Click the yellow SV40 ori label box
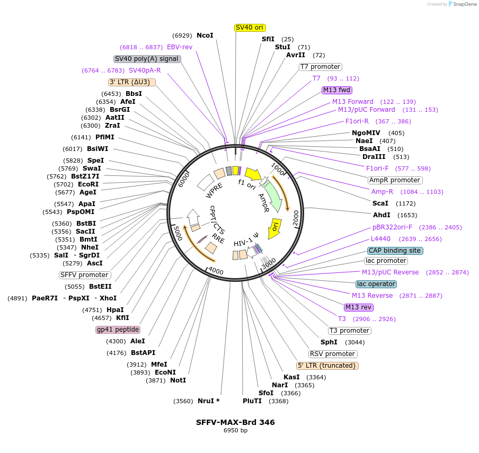[x=250, y=28]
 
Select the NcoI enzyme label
[x=205, y=35]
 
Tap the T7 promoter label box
[x=321, y=67]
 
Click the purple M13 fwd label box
[x=337, y=90]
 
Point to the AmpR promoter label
[x=395, y=180]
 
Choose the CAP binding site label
[x=395, y=251]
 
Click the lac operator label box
[x=376, y=284]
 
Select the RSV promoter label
[x=333, y=354]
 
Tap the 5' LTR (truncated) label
[x=327, y=366]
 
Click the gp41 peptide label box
[x=118, y=330]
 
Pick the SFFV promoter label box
[x=85, y=275]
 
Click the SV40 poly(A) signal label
[x=147, y=59]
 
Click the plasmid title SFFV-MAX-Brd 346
[x=235, y=422]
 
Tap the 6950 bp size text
[x=235, y=431]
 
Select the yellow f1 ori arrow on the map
[x=253, y=174]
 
